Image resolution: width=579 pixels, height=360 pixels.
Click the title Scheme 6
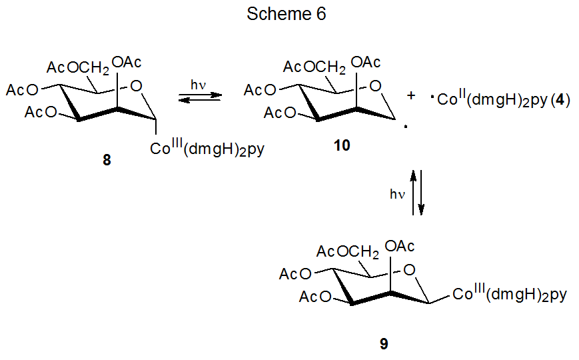point(287,14)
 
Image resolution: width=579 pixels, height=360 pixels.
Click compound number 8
point(107,161)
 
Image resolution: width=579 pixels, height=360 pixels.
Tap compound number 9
point(383,344)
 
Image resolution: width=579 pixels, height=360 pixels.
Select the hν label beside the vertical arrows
point(398,194)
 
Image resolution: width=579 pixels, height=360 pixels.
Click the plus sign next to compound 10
point(411,96)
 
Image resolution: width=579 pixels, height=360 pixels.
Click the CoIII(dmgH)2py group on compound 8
point(207,149)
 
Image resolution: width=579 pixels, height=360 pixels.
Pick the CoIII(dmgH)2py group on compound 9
point(510,294)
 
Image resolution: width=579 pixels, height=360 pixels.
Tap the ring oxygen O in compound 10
point(375,85)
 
